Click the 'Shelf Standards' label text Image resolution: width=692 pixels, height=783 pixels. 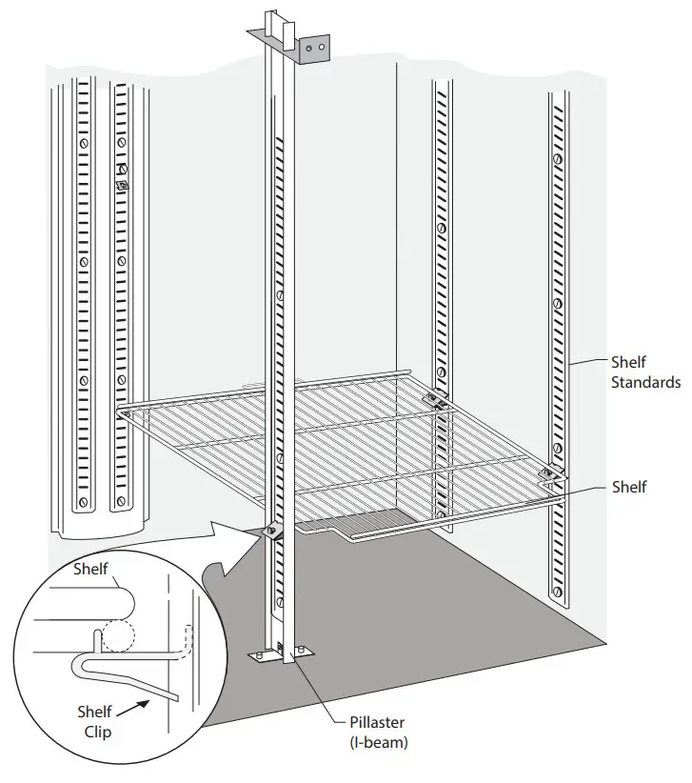(x=644, y=372)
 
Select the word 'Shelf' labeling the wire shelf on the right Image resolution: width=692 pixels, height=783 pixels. (x=629, y=487)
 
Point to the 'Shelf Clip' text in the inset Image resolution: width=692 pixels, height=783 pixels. (x=94, y=721)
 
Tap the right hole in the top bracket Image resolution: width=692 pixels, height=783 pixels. (x=324, y=45)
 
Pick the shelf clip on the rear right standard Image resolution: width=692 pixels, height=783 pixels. (x=438, y=400)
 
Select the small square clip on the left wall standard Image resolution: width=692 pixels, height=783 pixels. (x=121, y=185)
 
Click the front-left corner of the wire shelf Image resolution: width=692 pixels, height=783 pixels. (x=121, y=412)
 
